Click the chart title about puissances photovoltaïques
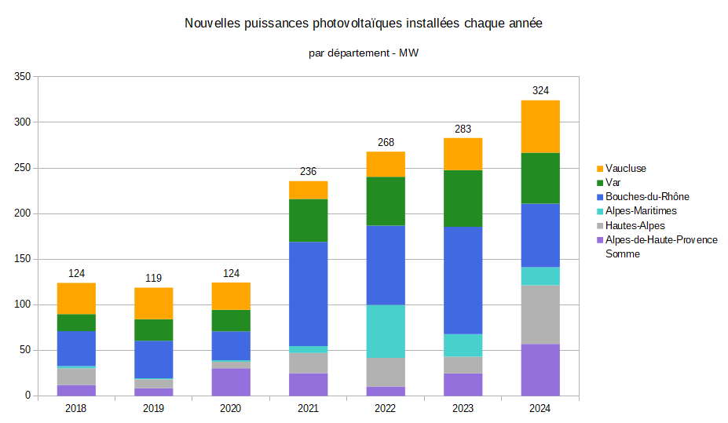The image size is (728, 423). (x=364, y=24)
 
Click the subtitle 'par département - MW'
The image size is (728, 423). (x=364, y=53)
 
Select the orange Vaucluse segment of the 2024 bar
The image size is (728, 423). (x=540, y=126)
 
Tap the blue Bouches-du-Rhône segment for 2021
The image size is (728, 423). (x=308, y=294)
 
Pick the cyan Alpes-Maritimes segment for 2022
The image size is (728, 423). (x=386, y=331)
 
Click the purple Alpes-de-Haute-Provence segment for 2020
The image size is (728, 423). (x=231, y=381)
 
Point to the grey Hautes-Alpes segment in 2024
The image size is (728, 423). (x=540, y=314)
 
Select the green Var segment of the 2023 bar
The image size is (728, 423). (x=463, y=199)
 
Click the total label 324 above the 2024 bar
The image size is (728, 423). (x=540, y=91)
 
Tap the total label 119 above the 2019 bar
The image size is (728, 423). (x=153, y=279)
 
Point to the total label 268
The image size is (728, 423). (x=386, y=143)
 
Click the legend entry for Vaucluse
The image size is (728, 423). (x=625, y=169)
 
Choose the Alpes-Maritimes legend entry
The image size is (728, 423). (x=640, y=211)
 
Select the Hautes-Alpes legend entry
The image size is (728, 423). (x=635, y=226)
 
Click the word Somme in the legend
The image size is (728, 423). (x=623, y=253)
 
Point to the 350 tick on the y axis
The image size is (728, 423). (x=22, y=77)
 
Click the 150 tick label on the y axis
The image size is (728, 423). (x=22, y=259)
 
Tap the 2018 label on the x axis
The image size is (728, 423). (x=76, y=409)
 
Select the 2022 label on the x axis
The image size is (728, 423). (x=386, y=409)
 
